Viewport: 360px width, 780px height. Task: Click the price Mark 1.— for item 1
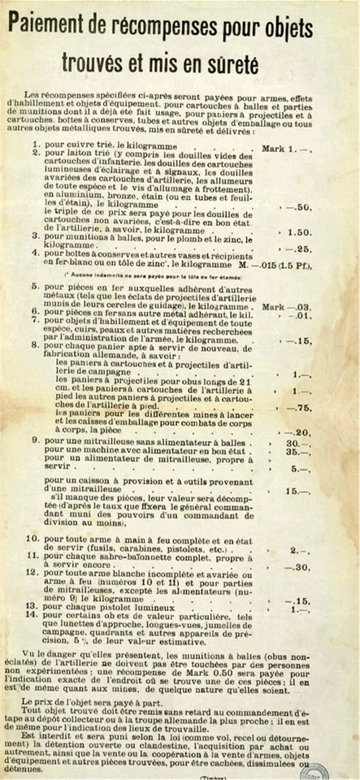point(288,127)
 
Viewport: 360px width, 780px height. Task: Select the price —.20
point(303,432)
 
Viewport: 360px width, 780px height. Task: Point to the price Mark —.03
point(292,307)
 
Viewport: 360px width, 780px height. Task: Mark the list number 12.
point(33,573)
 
